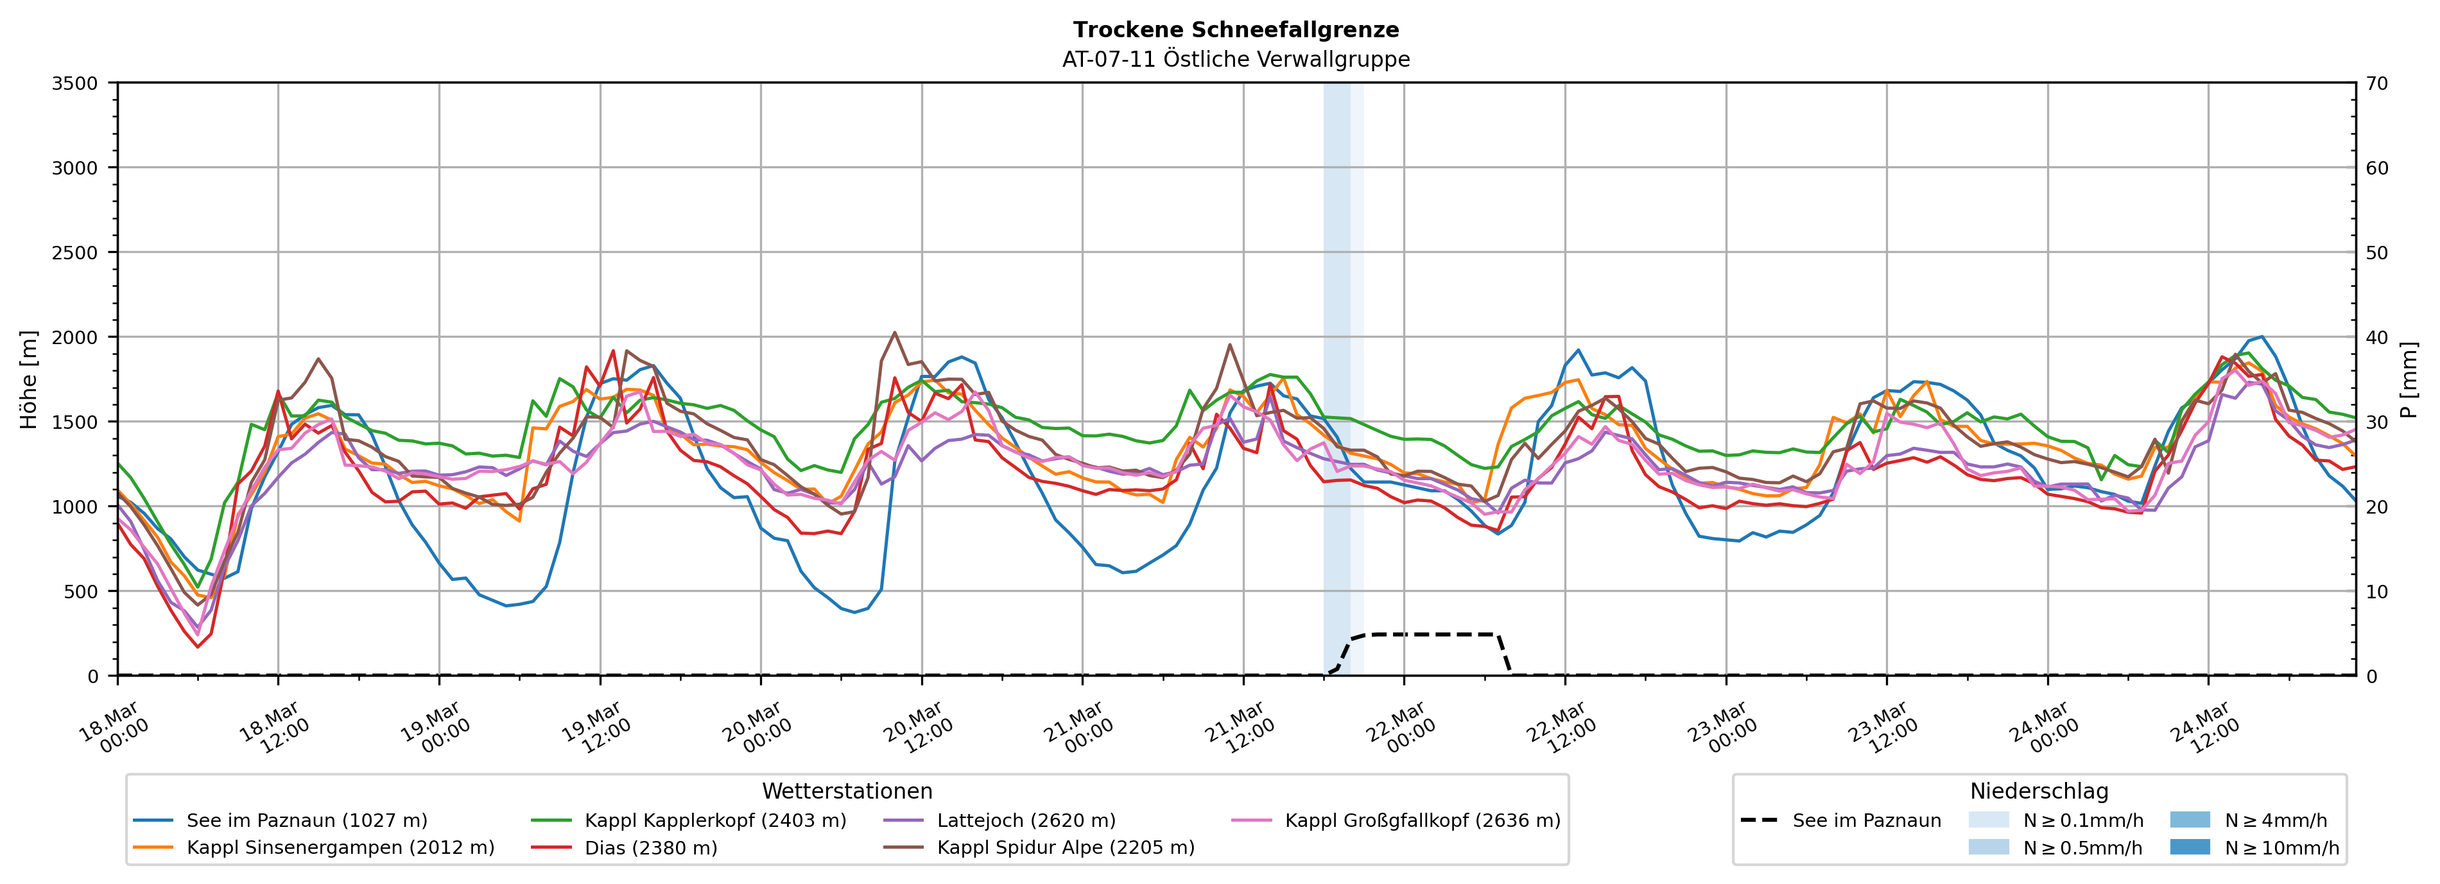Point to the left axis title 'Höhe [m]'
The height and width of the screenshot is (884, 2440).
30,379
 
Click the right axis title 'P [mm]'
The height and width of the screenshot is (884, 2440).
2409,379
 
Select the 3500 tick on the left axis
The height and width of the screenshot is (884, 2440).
75,83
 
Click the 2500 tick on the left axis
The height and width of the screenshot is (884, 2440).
75,253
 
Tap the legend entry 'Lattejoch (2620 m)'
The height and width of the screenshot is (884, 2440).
1026,820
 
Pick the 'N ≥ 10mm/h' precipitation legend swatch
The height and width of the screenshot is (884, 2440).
2189,847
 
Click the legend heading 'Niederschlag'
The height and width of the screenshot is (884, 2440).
2038,791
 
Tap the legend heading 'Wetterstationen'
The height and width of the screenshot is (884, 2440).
847,791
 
